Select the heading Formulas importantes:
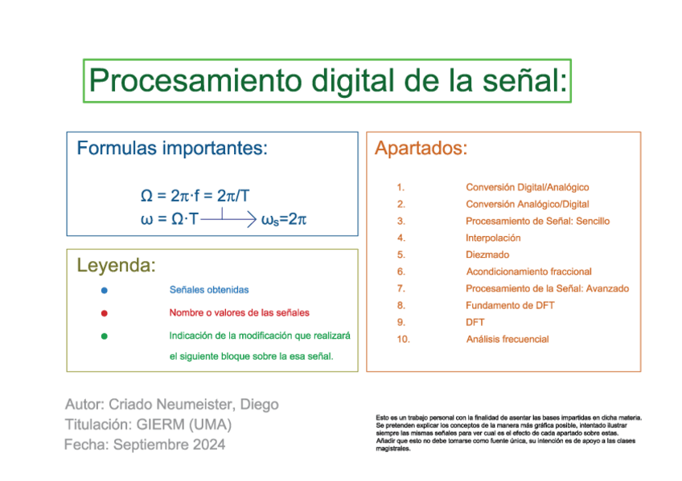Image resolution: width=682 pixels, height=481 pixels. tap(171, 149)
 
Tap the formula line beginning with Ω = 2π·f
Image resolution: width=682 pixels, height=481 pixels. tap(195, 196)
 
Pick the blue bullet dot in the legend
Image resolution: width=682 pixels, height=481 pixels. tap(105, 290)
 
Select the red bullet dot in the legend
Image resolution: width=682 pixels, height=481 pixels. tap(105, 313)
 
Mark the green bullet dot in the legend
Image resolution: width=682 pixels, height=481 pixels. tap(105, 336)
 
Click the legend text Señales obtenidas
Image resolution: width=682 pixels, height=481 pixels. tap(209, 290)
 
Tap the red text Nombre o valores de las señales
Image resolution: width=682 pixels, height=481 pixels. tap(239, 313)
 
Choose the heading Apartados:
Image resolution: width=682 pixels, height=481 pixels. tap(421, 149)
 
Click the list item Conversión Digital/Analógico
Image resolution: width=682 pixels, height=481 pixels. tap(527, 187)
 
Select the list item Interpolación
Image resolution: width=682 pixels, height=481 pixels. tap(493, 238)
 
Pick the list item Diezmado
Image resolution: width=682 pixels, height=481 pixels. tap(487, 255)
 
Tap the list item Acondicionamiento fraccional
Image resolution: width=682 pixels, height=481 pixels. tap(528, 271)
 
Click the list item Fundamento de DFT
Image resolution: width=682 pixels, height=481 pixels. tap(510, 305)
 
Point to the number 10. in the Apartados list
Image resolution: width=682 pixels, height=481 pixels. tap(403, 339)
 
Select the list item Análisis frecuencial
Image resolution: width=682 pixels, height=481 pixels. tap(507, 339)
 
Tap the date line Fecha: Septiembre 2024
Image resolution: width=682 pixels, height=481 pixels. tap(145, 444)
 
